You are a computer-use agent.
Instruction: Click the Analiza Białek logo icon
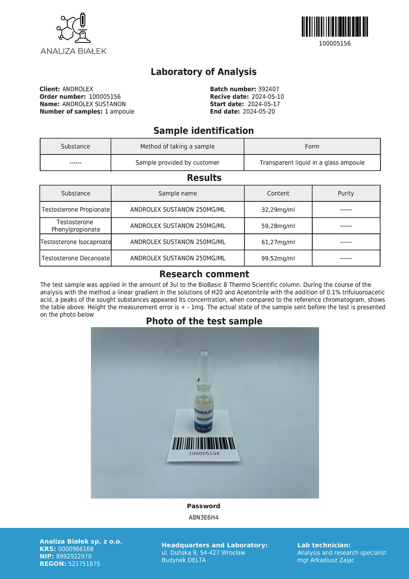73,28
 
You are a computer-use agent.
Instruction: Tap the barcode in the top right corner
334,27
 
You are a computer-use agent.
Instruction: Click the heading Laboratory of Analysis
203,72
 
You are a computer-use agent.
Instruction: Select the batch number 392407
268,90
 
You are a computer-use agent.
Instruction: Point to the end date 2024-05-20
259,112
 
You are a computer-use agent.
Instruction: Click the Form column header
312,147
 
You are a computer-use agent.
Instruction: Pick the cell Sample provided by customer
177,163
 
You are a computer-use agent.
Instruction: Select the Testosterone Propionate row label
75,210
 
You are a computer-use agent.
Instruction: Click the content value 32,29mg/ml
278,210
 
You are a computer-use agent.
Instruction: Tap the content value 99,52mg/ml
278,259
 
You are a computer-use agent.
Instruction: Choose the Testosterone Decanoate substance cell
75,259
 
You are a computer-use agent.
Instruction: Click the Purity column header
346,194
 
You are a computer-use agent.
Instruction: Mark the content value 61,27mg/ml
278,242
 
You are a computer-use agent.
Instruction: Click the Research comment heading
204,275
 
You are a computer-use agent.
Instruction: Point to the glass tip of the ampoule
205,357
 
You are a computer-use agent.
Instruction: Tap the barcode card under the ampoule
204,446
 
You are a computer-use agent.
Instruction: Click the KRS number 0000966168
76,549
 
